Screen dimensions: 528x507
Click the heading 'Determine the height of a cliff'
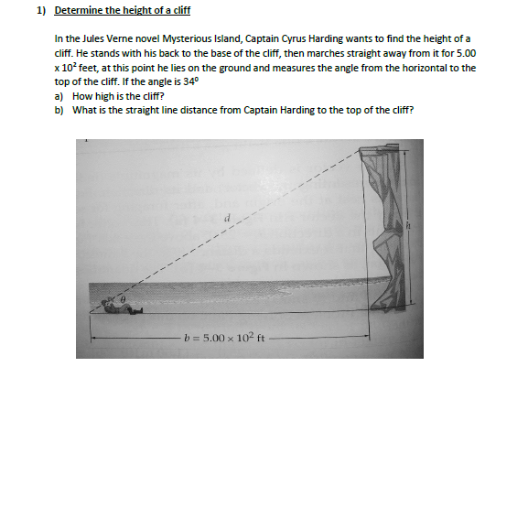(123, 11)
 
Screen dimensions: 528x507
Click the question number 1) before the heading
(42, 11)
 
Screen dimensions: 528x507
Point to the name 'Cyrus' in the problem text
(295, 39)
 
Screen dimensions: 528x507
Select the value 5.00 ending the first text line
(465, 54)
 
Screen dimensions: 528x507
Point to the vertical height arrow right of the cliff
(409, 229)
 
